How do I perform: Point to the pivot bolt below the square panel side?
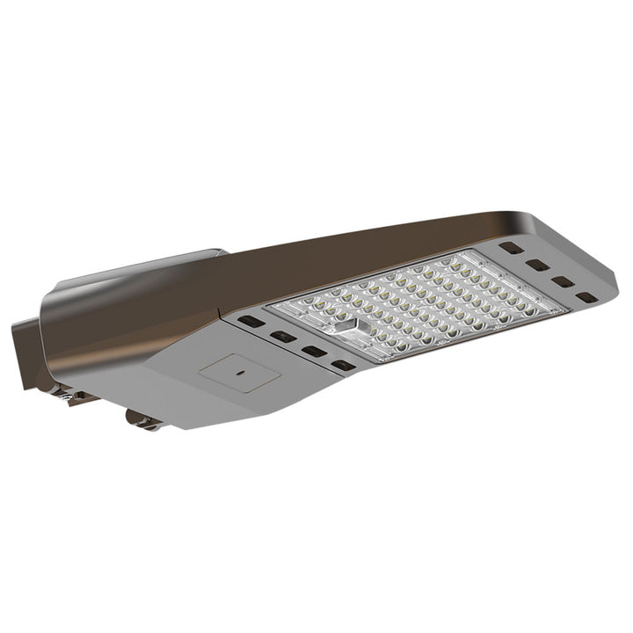tap(142, 420)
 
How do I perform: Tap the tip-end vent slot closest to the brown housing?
tap(512, 248)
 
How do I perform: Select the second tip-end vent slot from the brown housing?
tap(538, 265)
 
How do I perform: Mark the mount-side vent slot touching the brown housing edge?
tap(251, 322)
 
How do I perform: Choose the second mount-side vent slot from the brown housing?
tap(282, 336)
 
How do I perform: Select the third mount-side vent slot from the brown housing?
tap(313, 351)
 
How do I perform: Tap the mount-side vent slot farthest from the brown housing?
tap(343, 365)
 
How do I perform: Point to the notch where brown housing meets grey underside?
tap(221, 314)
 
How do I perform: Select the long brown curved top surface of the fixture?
tap(352, 251)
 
